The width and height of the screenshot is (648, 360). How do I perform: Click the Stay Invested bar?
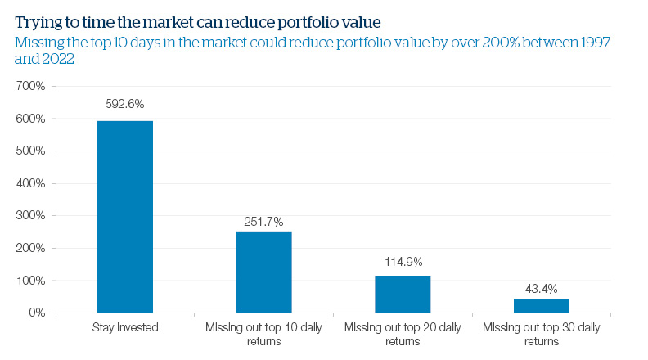(125, 217)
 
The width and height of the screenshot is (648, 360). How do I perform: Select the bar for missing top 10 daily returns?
(263, 272)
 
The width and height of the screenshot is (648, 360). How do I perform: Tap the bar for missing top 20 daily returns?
(403, 294)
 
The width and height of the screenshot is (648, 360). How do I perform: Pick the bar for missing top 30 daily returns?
(541, 305)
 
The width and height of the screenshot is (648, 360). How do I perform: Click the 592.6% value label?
(125, 104)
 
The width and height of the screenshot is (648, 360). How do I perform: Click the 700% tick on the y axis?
(31, 86)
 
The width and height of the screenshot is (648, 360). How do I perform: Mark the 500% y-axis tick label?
(31, 151)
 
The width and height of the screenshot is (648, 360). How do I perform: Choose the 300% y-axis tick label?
(31, 216)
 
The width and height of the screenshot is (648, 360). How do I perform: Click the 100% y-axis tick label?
(31, 281)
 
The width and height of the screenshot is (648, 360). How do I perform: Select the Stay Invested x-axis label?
(125, 328)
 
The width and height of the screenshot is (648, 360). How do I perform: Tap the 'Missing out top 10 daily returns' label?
(263, 334)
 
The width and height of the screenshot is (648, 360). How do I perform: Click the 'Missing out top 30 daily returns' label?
(541, 334)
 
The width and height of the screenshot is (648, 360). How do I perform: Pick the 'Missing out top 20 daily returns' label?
(403, 334)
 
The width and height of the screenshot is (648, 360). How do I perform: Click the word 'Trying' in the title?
(37, 13)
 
